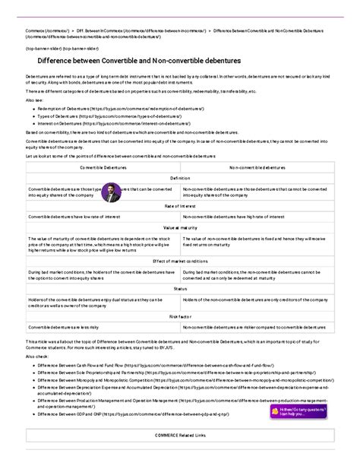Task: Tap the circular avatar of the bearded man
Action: [x=112, y=192]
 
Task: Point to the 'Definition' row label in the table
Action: [x=180, y=178]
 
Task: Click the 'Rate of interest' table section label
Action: [x=180, y=206]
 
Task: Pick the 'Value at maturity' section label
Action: [x=180, y=227]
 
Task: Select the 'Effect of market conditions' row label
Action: [x=180, y=261]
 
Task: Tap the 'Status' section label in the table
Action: [x=180, y=289]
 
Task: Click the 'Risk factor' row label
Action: [x=180, y=316]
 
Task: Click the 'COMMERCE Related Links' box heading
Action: [x=180, y=435]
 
